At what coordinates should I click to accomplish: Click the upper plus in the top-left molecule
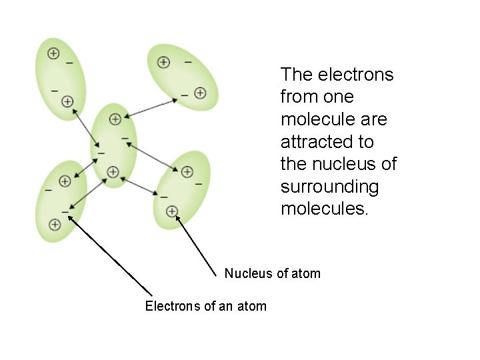click(x=53, y=53)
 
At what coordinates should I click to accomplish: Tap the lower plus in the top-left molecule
click(x=67, y=101)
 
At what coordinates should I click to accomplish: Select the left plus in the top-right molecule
click(x=163, y=62)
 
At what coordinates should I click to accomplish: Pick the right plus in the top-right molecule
click(x=200, y=93)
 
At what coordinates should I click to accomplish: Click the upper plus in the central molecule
click(x=115, y=119)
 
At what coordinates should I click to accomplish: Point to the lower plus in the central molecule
click(x=113, y=172)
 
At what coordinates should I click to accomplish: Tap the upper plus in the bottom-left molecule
click(x=65, y=181)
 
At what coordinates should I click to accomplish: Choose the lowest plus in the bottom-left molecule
click(x=55, y=225)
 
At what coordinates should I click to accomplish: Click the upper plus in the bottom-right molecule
click(x=187, y=173)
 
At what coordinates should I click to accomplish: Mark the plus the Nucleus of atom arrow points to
click(x=172, y=211)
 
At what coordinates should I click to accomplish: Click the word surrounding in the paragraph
click(x=329, y=187)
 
